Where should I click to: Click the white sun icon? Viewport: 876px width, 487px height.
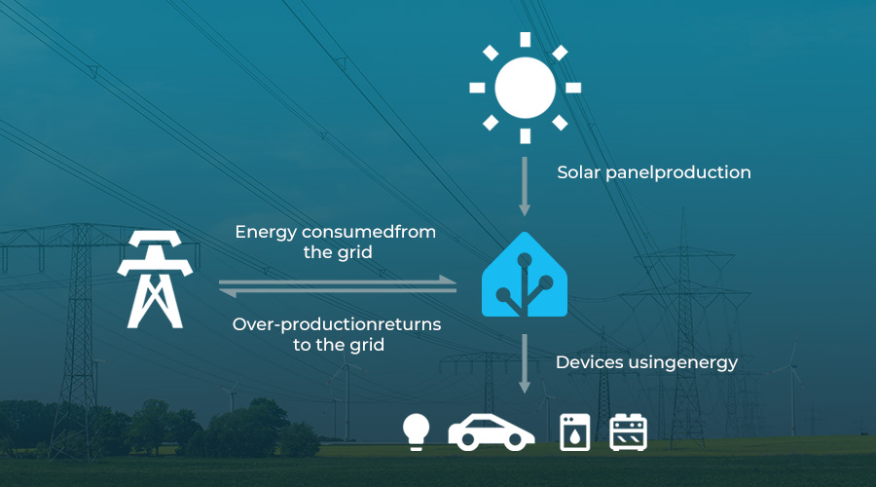pos(526,88)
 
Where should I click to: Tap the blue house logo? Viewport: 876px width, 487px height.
pos(525,275)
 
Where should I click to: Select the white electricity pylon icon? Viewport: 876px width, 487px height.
pos(155,280)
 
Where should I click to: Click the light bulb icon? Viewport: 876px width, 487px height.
pos(417,431)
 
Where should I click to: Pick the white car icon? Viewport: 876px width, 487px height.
pos(492,432)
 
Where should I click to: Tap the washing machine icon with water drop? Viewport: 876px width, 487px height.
pos(575,431)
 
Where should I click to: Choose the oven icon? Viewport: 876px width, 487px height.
pos(628,431)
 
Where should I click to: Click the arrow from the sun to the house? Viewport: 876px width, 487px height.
pos(524,186)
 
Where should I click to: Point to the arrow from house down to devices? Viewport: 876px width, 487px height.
pos(524,363)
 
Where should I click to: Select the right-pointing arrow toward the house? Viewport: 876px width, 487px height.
pos(338,281)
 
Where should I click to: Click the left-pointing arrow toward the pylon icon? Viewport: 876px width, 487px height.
pos(338,290)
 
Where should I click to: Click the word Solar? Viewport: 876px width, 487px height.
pos(578,172)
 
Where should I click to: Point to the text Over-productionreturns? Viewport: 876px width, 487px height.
pos(337,324)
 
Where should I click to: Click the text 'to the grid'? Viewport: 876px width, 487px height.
pos(339,345)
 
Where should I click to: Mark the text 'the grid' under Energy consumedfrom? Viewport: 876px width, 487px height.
pos(338,252)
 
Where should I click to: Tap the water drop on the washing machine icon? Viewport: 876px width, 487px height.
pos(575,436)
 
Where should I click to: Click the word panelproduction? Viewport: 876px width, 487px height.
pos(678,172)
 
